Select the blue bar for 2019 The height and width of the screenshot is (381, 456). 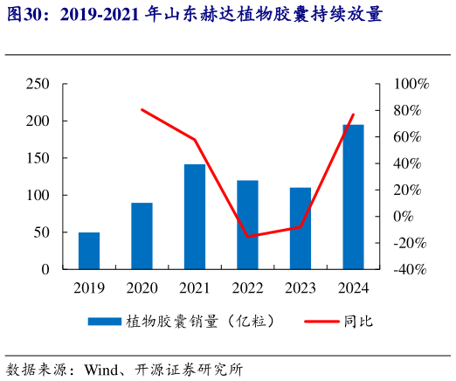coord(88,251)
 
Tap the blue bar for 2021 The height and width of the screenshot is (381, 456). coord(195,217)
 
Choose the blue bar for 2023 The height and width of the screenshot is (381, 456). coord(301,228)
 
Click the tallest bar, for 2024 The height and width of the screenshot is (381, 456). coord(353,197)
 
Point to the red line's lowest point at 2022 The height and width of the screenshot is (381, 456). coord(247,237)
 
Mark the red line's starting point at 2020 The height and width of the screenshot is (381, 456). coord(142,109)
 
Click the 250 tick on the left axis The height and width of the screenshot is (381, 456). coord(38,84)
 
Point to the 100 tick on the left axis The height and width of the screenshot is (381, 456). coord(38,195)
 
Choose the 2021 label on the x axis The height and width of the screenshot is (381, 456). coord(195,287)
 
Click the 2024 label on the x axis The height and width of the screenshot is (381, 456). coord(353,287)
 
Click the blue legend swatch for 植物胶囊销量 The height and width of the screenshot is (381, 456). coord(104,322)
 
